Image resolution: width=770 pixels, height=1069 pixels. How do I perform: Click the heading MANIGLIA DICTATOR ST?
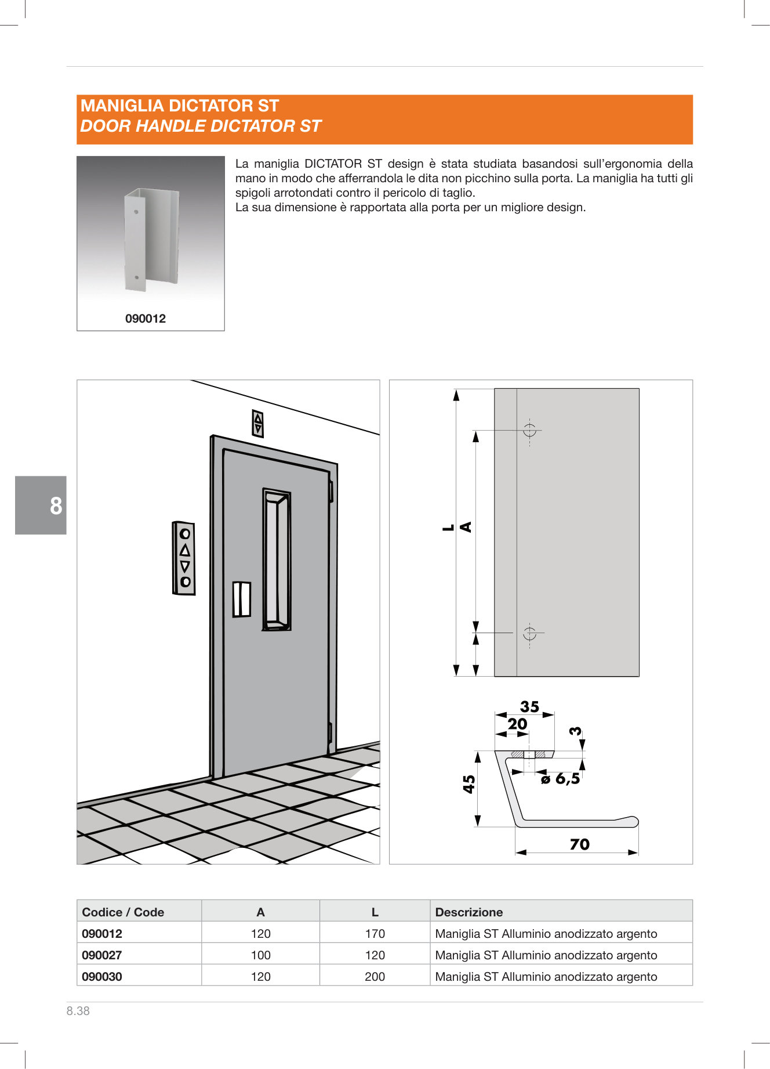(x=180, y=106)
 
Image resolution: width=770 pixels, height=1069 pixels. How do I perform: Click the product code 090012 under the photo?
(x=146, y=319)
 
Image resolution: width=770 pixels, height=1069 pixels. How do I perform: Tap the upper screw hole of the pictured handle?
(x=136, y=212)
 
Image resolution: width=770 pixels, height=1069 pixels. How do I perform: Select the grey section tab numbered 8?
(x=41, y=505)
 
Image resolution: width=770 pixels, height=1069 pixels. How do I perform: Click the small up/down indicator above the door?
(x=258, y=423)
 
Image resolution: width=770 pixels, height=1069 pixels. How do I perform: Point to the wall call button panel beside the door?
(x=184, y=558)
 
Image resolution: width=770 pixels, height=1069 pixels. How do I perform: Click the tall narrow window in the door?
(x=277, y=559)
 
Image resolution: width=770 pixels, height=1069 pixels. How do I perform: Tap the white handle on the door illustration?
(x=242, y=599)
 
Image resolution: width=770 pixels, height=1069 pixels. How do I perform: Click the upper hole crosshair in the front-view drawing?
(x=529, y=430)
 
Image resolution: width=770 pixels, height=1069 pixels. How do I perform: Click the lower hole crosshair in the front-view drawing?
(x=529, y=633)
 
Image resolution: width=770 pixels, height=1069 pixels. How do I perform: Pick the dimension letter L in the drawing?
(x=448, y=528)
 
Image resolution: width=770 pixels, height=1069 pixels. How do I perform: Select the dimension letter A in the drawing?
(x=466, y=527)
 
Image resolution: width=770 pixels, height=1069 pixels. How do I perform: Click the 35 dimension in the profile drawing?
(x=529, y=707)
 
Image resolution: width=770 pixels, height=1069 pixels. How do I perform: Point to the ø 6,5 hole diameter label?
(x=560, y=779)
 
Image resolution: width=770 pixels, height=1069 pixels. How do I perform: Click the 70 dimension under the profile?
(x=579, y=844)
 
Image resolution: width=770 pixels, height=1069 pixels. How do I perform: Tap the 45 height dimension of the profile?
(x=469, y=784)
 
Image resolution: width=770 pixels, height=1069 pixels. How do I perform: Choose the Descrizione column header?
(x=468, y=912)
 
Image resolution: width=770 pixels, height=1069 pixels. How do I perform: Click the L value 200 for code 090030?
(x=375, y=976)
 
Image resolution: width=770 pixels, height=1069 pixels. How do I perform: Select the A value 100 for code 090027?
(x=260, y=955)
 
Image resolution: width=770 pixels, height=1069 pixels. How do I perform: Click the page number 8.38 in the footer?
(x=78, y=1010)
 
